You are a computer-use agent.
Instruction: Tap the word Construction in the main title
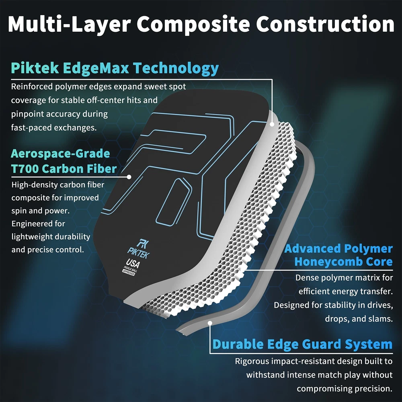point(325,24)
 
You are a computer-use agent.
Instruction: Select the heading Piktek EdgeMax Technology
point(115,68)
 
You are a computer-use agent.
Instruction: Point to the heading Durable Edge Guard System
point(303,345)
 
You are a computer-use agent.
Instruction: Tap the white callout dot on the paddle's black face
point(129,177)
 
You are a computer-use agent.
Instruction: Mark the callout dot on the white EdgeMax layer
point(272,124)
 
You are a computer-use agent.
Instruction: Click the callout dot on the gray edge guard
point(210,323)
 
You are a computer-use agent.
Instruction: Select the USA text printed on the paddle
point(133,264)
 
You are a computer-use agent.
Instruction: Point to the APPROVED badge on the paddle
point(129,273)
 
